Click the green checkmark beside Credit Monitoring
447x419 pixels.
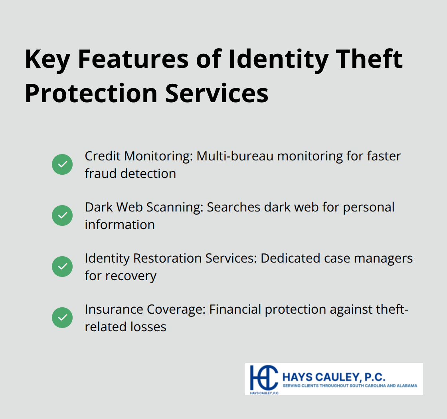click(62, 164)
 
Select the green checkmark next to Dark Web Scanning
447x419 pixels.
click(62, 215)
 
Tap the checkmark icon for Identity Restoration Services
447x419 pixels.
click(62, 267)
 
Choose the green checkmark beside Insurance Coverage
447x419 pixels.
click(62, 318)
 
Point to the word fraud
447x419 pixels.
click(100, 174)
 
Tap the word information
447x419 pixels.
click(119, 225)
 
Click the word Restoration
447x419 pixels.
click(168, 258)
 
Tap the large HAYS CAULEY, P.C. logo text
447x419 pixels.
click(334, 376)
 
